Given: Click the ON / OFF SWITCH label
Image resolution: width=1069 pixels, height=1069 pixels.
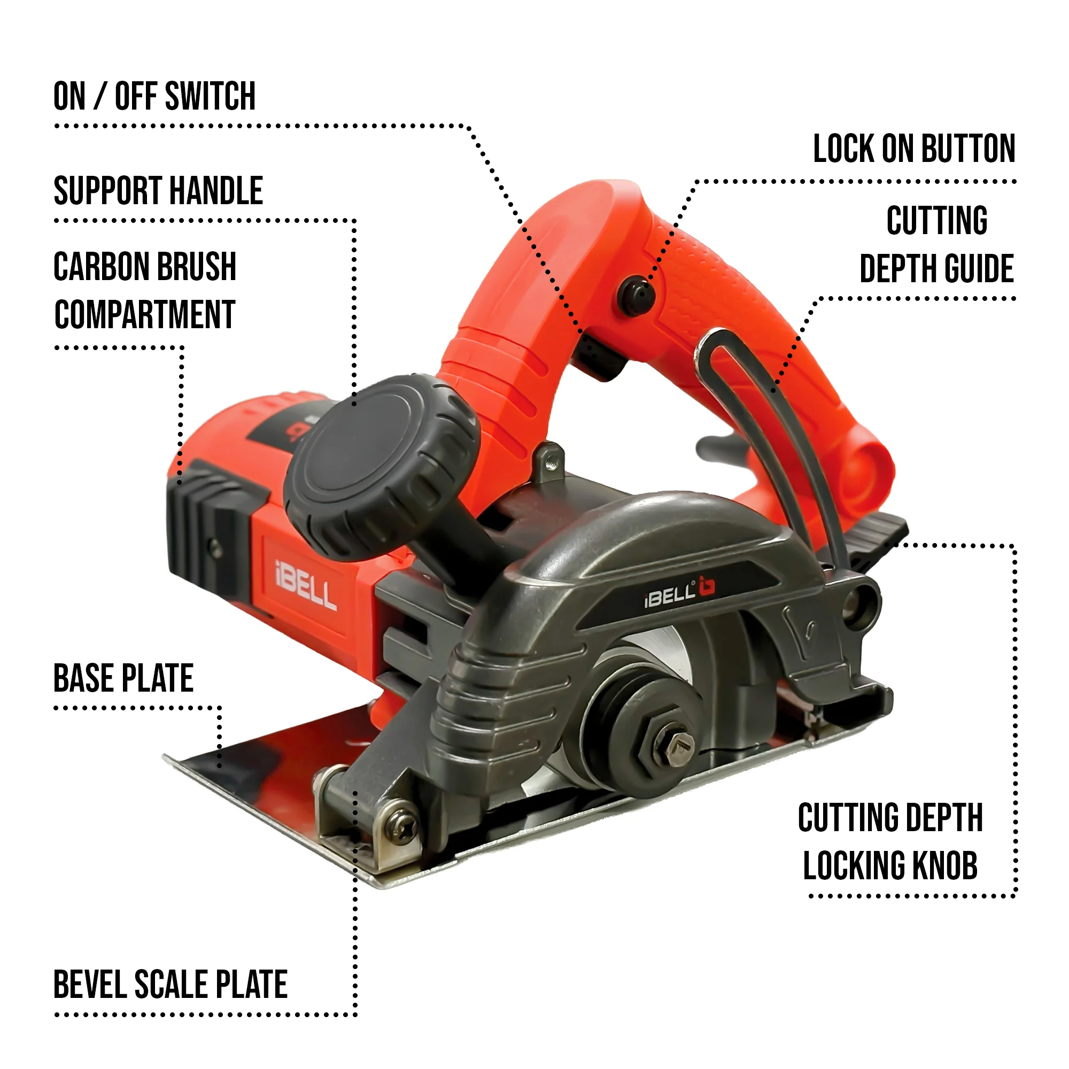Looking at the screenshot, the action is point(154,96).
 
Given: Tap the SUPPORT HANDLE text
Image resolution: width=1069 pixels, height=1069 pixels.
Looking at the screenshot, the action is point(158,191).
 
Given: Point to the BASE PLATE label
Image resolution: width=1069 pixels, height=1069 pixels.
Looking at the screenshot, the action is point(123,678).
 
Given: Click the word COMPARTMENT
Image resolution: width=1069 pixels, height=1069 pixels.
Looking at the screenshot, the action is point(145,315).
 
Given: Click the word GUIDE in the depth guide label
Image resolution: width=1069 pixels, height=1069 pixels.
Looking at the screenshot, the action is point(979,269).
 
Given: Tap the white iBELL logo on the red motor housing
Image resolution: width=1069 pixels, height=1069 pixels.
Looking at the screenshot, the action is point(305,585).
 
